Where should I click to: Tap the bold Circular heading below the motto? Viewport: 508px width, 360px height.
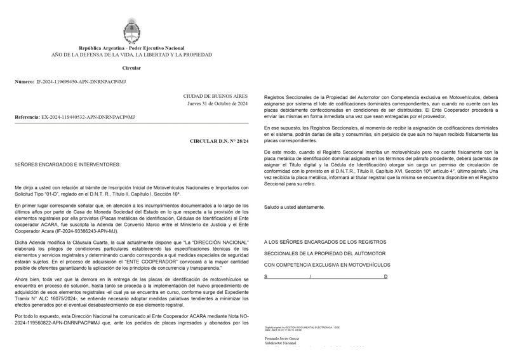point(131,67)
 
